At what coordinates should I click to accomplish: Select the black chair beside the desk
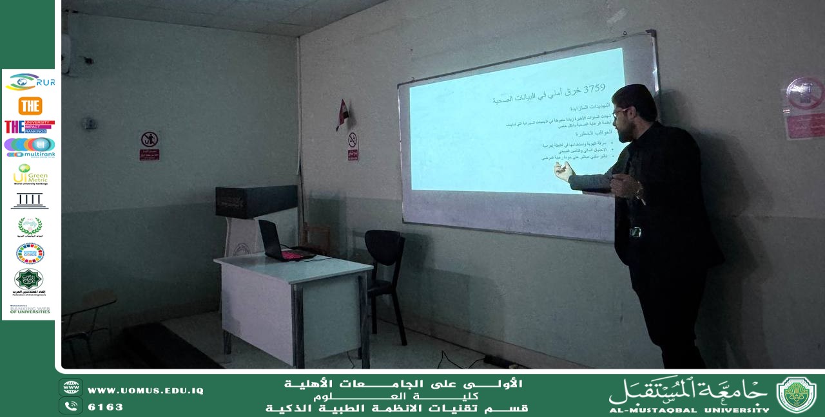coord(385,270)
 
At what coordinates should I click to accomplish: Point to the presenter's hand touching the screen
coord(563,171)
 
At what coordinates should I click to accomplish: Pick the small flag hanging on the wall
coord(343,114)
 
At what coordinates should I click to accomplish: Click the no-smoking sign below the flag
coord(353,145)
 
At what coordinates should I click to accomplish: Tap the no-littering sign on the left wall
coord(150,144)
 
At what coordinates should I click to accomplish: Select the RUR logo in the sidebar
coord(30,82)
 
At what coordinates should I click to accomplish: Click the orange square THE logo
coord(30,106)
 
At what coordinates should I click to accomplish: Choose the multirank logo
coord(30,147)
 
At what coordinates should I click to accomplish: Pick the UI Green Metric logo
coord(30,174)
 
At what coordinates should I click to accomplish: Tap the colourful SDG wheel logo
coord(30,254)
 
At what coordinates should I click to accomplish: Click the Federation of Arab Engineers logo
coord(29,281)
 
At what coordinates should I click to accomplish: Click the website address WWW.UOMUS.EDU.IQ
coord(146,391)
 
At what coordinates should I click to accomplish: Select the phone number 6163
coord(105,407)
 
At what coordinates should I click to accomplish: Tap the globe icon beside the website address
coord(71,387)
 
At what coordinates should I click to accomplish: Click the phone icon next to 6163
coord(71,406)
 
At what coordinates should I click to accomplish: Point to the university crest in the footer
coord(796,394)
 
